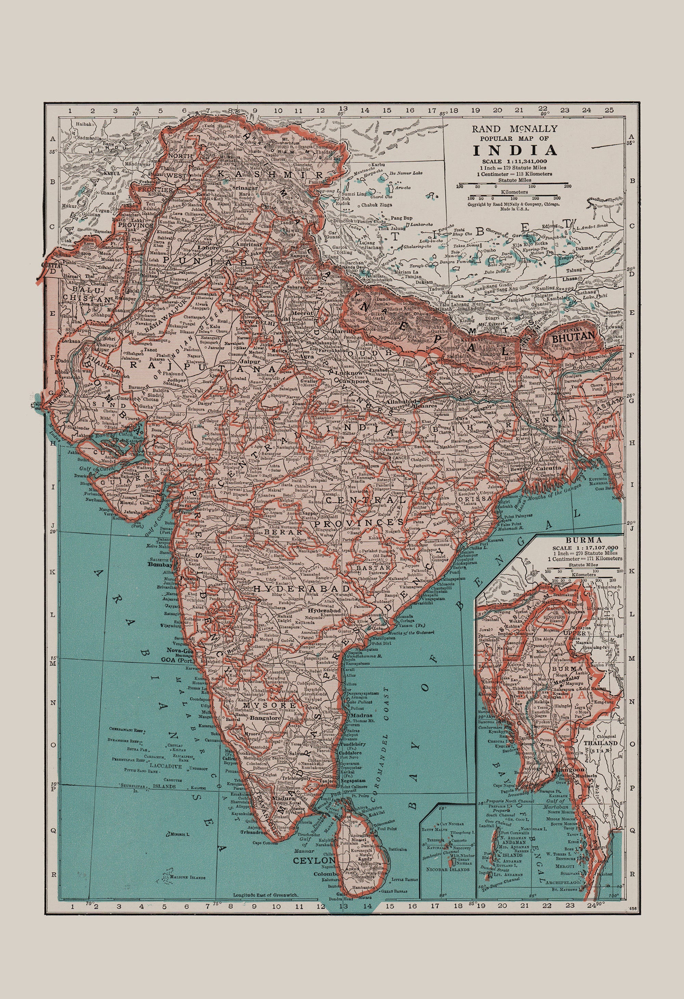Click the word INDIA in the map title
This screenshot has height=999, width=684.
(515, 150)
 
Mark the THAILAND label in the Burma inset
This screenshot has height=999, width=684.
(601, 743)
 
